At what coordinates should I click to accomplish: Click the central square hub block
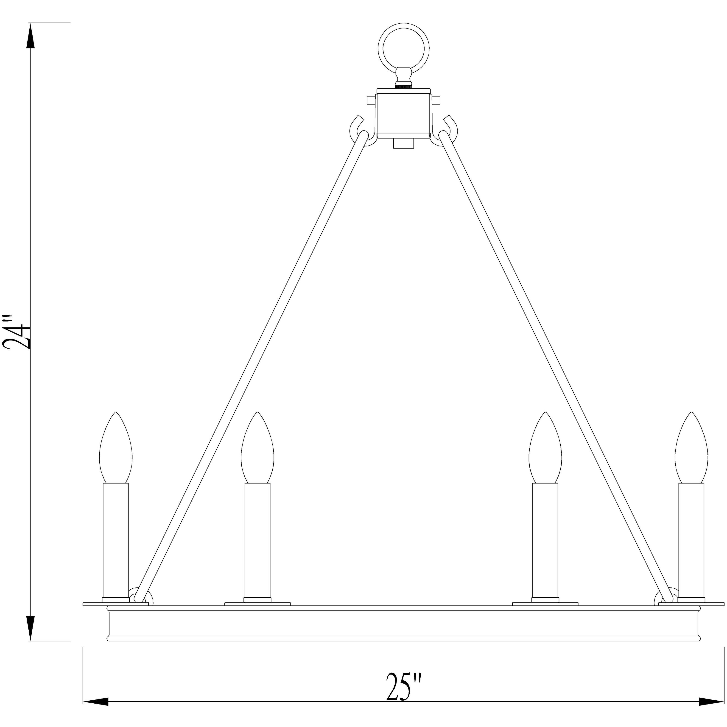[404, 113]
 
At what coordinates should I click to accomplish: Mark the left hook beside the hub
[358, 130]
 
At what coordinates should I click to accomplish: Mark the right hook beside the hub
[450, 130]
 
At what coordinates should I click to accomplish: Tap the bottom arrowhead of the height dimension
[31, 628]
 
